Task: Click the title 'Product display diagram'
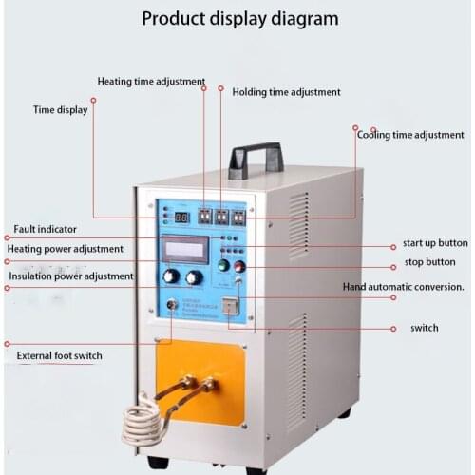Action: pyautogui.click(x=239, y=18)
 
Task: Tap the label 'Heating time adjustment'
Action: pyautogui.click(x=150, y=82)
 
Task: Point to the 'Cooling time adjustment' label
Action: pyautogui.click(x=410, y=135)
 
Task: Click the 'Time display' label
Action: pyautogui.click(x=61, y=110)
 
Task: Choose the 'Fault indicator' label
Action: pyautogui.click(x=46, y=230)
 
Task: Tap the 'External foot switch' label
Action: pyautogui.click(x=60, y=356)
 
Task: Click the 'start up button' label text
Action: pyautogui.click(x=434, y=243)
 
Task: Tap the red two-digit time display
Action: pyautogui.click(x=181, y=218)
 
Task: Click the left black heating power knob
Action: pyautogui.click(x=171, y=276)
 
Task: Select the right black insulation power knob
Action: pyautogui.click(x=195, y=277)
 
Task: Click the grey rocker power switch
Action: pyautogui.click(x=230, y=306)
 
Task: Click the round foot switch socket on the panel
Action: pyautogui.click(x=172, y=305)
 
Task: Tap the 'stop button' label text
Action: pyautogui.click(x=429, y=262)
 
